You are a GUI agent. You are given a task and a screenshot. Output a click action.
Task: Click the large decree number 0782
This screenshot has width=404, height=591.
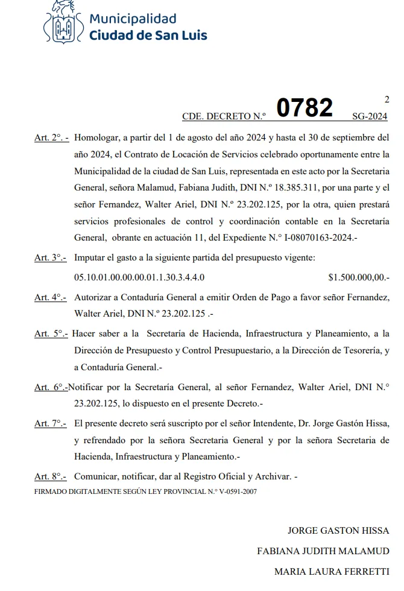[305, 109]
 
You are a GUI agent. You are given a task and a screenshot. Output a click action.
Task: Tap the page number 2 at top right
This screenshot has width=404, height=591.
[387, 100]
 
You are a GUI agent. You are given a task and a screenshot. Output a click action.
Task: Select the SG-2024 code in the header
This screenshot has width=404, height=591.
[370, 116]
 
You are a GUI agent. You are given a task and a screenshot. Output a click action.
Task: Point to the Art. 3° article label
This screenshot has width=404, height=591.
[50, 258]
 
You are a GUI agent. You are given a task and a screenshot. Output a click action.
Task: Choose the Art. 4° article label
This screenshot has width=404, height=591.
[50, 297]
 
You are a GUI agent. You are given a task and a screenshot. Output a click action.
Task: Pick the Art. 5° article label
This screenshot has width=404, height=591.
[51, 333]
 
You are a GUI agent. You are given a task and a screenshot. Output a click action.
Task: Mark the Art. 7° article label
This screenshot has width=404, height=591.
[50, 423]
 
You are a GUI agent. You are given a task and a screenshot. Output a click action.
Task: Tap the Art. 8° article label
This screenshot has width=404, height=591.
[50, 476]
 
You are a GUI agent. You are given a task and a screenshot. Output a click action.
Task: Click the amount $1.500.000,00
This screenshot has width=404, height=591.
[358, 277]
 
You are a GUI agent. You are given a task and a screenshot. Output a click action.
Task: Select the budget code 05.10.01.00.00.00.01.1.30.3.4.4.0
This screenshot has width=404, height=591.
[139, 277]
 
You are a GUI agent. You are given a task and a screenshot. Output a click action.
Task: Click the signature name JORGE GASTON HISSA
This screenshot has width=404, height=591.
[338, 531]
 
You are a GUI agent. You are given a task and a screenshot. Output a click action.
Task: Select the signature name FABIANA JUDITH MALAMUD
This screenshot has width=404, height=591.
[323, 551]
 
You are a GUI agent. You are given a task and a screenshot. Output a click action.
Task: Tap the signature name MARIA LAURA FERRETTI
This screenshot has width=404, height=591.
[331, 571]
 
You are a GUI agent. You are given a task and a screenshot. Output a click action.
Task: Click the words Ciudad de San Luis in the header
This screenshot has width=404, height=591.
[148, 35]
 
